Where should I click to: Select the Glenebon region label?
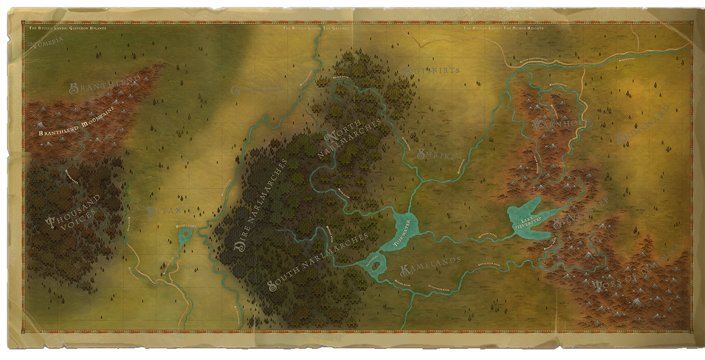pos(258,89)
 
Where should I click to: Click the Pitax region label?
pos(164,211)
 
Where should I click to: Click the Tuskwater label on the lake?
pos(404,233)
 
